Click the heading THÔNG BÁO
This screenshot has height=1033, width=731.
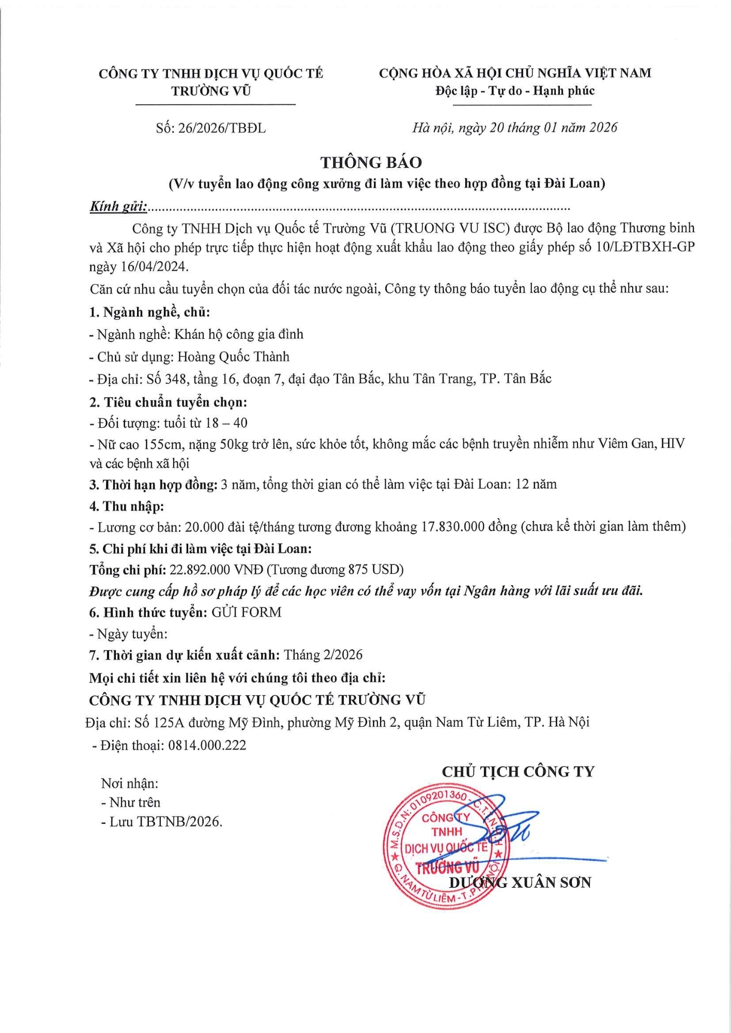371,162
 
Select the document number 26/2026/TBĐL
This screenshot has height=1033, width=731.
222,128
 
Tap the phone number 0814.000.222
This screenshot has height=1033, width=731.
207,745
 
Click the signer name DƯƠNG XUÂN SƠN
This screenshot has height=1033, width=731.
520,882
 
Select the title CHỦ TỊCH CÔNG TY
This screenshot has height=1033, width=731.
518,772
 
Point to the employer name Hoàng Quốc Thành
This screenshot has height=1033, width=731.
233,356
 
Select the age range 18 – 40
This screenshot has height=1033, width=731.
226,423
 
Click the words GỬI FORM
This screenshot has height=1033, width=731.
247,612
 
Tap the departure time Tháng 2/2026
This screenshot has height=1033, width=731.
323,655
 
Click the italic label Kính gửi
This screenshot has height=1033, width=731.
118,207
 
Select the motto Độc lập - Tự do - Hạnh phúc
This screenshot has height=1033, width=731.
515,91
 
